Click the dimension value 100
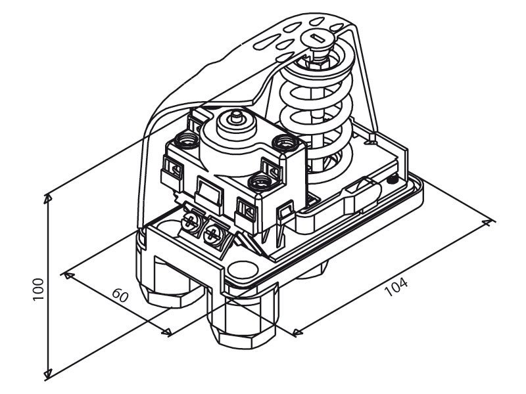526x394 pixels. coord(39,289)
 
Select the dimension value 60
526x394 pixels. coord(120,295)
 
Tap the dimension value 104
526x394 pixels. coord(396,287)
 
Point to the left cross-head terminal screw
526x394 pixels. coord(189,221)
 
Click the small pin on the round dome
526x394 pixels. coord(237,118)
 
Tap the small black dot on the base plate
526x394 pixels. coord(391,179)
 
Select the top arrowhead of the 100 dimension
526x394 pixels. coord(48,199)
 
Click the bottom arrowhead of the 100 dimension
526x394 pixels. coord(48,374)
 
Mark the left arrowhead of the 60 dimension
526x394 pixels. coord(69,275)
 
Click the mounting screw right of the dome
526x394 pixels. coord(285,142)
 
